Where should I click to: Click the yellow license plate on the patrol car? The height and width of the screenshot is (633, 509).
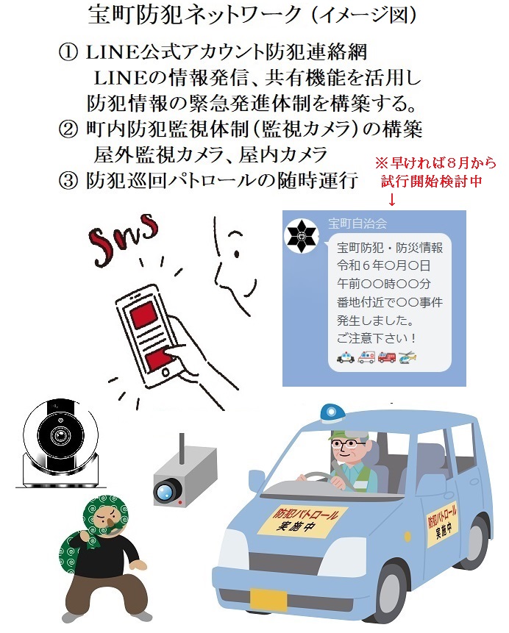click(268, 599)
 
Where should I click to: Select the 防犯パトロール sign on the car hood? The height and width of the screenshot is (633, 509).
click(302, 521)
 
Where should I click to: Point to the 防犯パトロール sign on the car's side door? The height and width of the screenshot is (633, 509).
click(442, 525)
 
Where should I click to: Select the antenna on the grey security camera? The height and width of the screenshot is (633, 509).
click(182, 448)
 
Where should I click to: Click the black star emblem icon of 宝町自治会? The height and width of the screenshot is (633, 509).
click(302, 237)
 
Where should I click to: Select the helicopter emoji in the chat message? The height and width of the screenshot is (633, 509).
click(407, 357)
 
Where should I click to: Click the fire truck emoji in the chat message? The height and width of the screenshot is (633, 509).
click(387, 357)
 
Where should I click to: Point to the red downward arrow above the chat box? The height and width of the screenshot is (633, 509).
click(392, 199)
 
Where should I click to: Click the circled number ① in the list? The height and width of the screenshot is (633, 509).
click(68, 52)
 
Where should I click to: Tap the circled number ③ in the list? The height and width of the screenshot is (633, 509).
click(68, 180)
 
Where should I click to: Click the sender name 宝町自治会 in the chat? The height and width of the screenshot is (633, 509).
click(357, 223)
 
